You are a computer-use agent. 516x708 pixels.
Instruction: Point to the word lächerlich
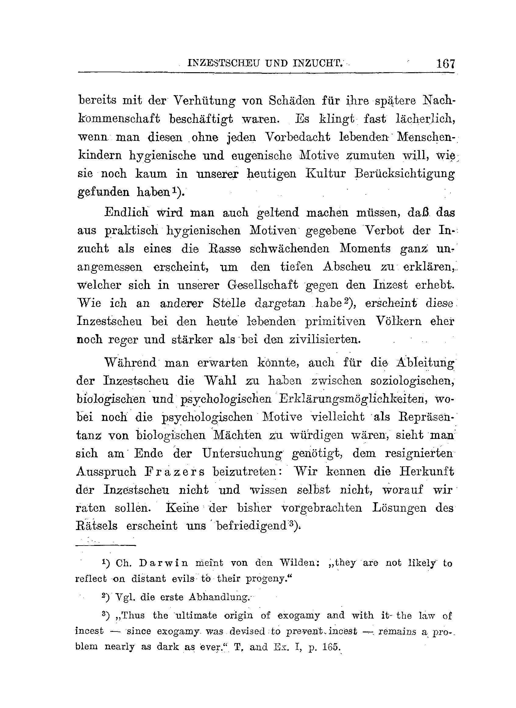click(425, 119)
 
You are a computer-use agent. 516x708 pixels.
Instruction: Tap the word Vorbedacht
click(297, 137)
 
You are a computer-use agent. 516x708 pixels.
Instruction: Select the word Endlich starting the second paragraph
click(126, 212)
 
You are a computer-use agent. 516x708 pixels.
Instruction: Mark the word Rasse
click(224, 249)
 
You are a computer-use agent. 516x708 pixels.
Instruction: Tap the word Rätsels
click(97, 526)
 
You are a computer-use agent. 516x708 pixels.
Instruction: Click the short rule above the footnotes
click(106, 546)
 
